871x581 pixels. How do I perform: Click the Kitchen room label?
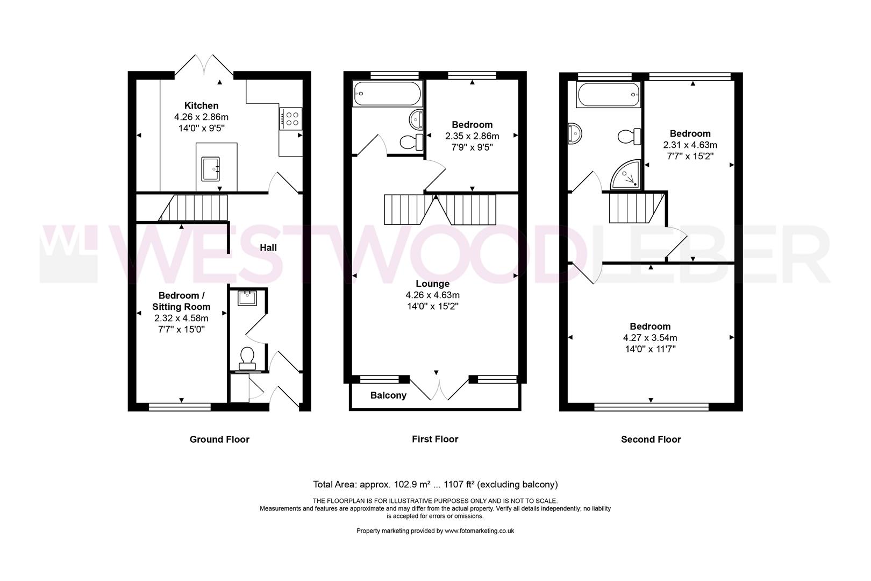click(x=201, y=105)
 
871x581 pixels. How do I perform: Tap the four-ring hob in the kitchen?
click(x=290, y=119)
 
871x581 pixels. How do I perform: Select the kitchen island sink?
click(x=210, y=169)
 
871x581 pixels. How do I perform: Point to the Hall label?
click(x=268, y=247)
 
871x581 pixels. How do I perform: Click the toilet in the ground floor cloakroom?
click(x=247, y=358)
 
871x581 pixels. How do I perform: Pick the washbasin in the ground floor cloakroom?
click(x=247, y=298)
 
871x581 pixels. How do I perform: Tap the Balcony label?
click(x=388, y=395)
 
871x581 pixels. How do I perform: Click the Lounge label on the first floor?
click(x=432, y=284)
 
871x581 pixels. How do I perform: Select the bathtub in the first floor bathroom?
click(x=387, y=94)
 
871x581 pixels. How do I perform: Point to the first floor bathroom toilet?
click(x=411, y=142)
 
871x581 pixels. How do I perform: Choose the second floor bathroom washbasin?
click(x=574, y=133)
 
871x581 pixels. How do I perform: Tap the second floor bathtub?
click(x=609, y=95)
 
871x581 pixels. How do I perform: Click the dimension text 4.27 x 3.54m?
click(x=649, y=338)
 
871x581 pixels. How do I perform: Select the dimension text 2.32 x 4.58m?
click(x=181, y=318)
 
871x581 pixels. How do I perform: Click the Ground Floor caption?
click(x=219, y=440)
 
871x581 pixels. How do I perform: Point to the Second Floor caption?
click(x=651, y=440)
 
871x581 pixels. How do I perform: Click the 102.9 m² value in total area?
click(x=412, y=485)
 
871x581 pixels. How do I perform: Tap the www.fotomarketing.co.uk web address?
click(x=480, y=531)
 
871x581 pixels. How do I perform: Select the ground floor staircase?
click(x=193, y=208)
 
